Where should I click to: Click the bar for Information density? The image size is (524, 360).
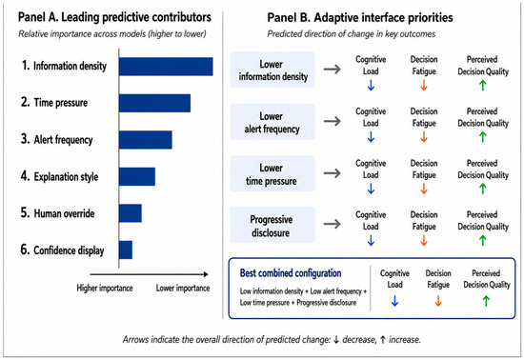[166, 67]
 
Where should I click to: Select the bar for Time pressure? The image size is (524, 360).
[154, 103]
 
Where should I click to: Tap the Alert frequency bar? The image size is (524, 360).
[146, 140]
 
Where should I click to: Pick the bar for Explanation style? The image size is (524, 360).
[137, 176]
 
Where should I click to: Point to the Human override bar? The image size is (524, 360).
[131, 213]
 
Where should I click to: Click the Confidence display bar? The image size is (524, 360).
[126, 250]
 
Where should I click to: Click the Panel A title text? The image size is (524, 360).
[114, 17]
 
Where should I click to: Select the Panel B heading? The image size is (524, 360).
[360, 17]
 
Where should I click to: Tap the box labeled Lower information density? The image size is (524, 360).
[272, 70]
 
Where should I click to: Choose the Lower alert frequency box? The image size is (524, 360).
[272, 122]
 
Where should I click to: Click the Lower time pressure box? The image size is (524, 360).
[272, 173]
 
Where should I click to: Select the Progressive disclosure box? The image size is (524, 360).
[272, 225]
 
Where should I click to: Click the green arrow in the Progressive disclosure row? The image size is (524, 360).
[483, 240]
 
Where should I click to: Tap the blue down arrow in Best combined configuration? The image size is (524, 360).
[394, 301]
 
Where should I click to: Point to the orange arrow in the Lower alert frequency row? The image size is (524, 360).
[424, 137]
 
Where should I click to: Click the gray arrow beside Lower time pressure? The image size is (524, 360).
[333, 173]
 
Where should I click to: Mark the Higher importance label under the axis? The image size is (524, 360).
[105, 289]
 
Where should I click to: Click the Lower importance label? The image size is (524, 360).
[183, 289]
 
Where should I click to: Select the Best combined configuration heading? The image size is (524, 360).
[291, 273]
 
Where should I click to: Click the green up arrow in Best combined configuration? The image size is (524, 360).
[486, 301]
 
